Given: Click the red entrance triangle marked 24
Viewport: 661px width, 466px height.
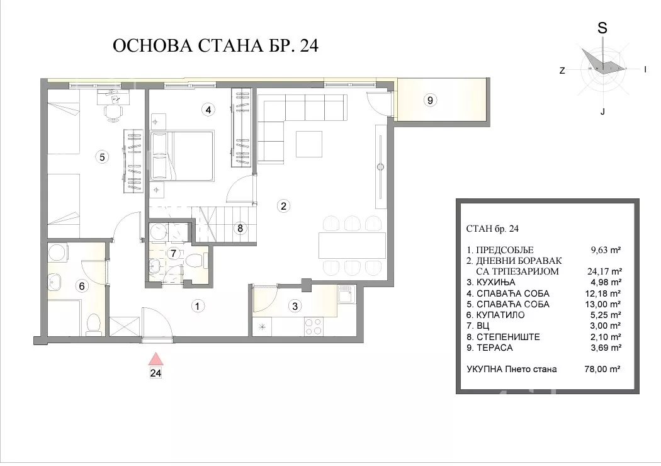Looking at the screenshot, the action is tap(156, 359).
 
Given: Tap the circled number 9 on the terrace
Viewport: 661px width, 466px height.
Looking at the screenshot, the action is tap(430, 100).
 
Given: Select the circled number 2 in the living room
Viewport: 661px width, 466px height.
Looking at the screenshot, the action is tap(283, 206).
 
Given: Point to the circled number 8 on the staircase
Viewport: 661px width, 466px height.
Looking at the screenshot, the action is tap(240, 228).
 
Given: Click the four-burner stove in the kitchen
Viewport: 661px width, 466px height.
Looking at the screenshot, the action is tap(314, 326).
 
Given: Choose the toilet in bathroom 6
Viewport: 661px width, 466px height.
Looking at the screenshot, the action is tap(93, 324).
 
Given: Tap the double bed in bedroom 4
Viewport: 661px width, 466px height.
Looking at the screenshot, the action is tap(182, 156).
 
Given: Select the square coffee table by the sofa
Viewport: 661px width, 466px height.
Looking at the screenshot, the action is tap(309, 144).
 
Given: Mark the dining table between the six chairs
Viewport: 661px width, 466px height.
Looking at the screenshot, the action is tap(353, 245).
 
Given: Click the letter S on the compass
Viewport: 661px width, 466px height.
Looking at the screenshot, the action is tap(602, 28).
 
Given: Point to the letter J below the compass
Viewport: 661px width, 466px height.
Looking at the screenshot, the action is tap(603, 111).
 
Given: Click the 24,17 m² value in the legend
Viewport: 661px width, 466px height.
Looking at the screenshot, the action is tap(604, 271).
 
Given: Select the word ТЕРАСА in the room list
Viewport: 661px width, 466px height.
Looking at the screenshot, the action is tap(494, 348).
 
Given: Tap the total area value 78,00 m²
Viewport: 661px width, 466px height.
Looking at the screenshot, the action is tap(602, 369).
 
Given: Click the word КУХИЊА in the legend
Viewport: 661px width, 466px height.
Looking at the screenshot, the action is tap(496, 282).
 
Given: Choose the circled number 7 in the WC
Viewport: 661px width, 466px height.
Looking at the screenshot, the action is tap(173, 254).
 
